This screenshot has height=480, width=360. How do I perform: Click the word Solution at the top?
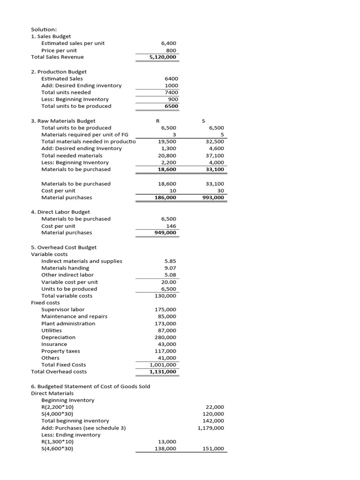tap(43, 29)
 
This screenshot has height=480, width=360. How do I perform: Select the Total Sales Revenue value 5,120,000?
tap(163, 57)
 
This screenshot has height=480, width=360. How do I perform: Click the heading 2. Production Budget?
tap(59, 72)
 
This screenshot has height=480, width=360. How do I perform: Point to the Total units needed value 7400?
tap(171, 92)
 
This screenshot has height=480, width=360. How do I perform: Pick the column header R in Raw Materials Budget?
tap(157, 121)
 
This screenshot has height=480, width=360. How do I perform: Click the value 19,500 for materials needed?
tap(167, 142)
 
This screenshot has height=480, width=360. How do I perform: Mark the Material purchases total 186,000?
tap(165, 198)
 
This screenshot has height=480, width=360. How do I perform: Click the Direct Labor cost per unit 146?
tap(171, 226)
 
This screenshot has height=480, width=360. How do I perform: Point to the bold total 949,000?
tap(165, 232)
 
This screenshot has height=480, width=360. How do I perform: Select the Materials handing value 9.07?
tap(170, 268)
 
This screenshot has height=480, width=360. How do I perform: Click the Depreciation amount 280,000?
tap(165, 337)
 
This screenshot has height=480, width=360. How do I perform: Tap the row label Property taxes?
tap(60, 351)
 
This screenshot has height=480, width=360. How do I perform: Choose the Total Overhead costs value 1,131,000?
tap(163, 372)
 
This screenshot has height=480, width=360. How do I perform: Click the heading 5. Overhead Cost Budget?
tap(64, 247)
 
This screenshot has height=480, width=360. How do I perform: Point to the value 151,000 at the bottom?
tap(214, 449)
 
